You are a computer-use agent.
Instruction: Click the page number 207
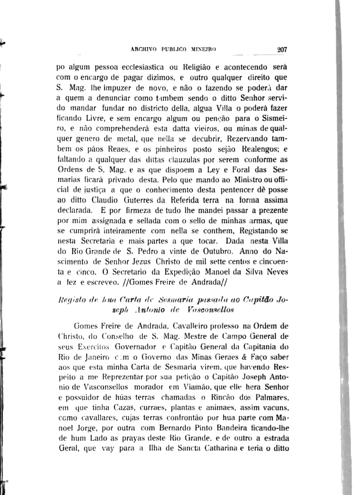(283, 49)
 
